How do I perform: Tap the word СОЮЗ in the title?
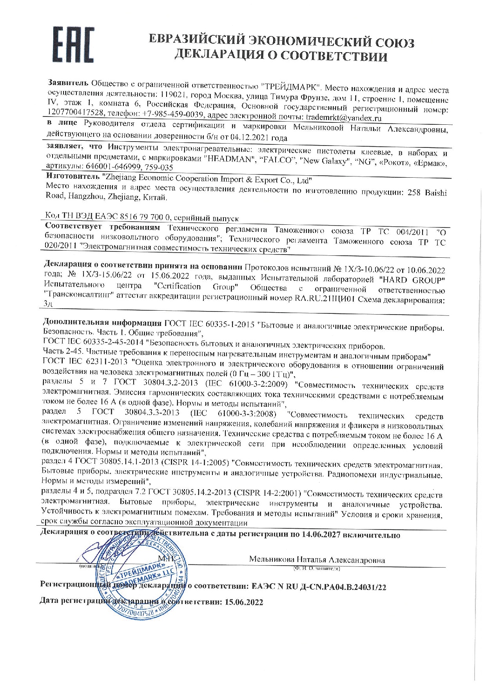[x=394, y=42]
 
